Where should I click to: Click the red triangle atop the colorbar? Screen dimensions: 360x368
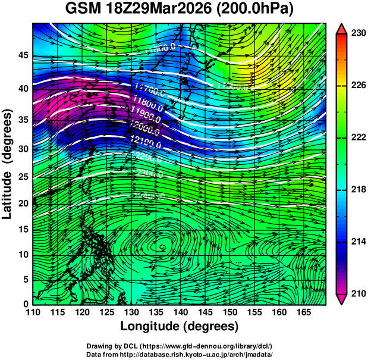[x=341, y=29]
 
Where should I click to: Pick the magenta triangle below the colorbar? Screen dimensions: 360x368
[x=341, y=299]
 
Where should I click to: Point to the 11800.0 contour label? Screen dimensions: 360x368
[x=145, y=101]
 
